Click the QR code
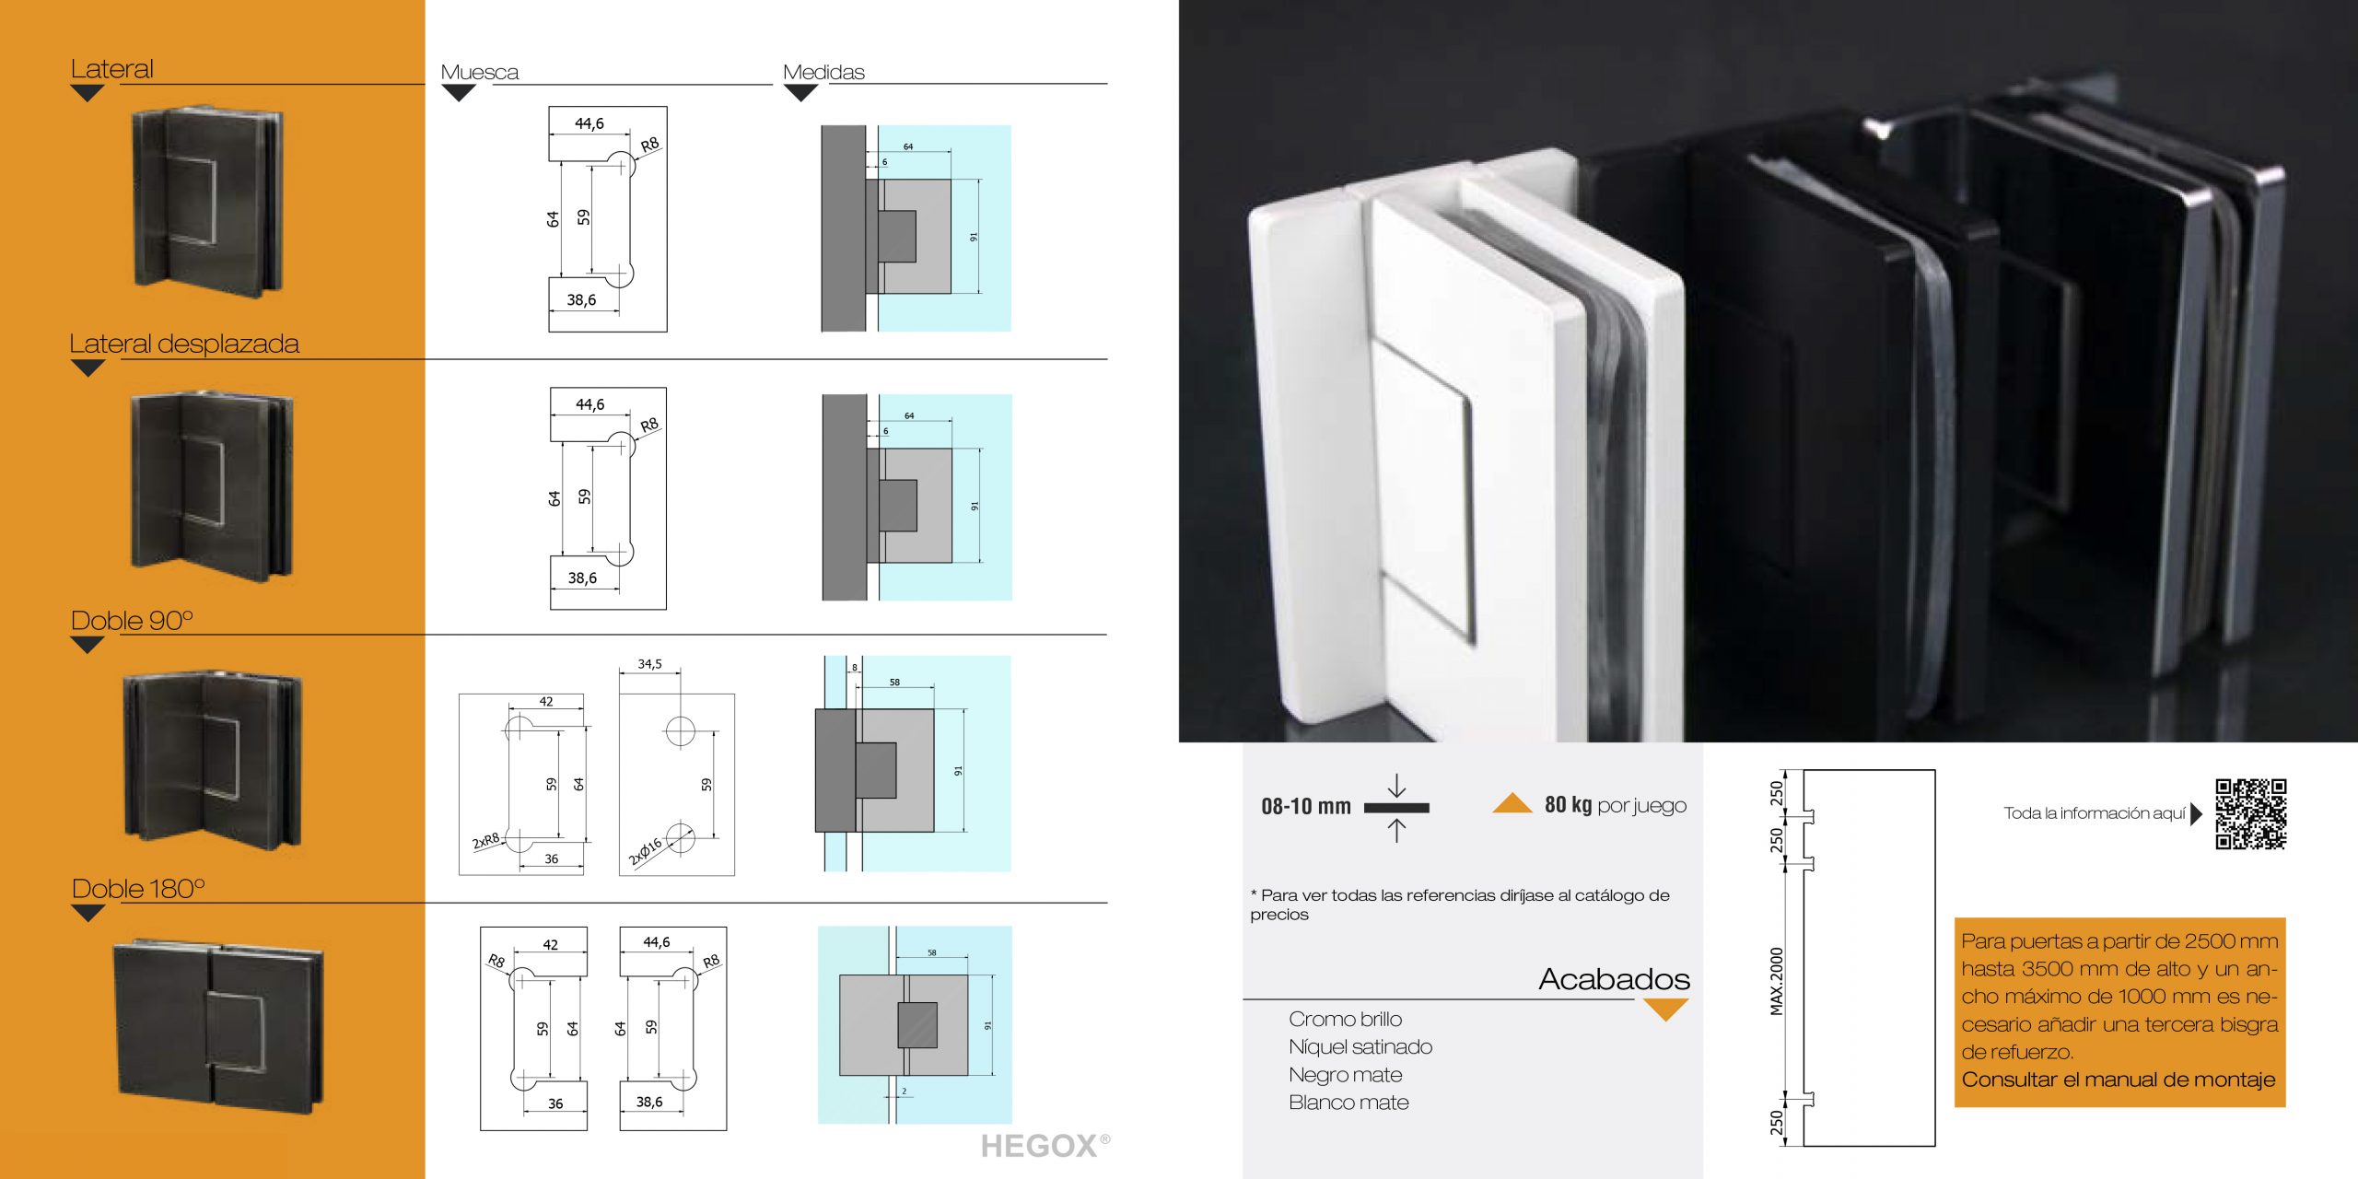point(2250,813)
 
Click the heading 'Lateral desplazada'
point(184,344)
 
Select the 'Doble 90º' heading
point(132,620)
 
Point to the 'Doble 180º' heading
point(138,888)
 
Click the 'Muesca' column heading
point(479,72)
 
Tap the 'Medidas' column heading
point(823,72)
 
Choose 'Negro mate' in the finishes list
point(1345,1075)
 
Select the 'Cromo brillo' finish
point(1345,1019)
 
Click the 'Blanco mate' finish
point(1348,1103)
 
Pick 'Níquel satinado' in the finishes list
point(1360,1047)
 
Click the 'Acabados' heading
point(1614,978)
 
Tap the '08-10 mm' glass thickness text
point(1305,807)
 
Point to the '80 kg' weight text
point(1568,805)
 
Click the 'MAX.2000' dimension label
point(1777,981)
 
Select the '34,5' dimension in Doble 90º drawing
point(649,664)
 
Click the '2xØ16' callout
point(645,852)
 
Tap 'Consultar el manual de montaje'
point(2118,1080)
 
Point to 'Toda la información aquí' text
point(2094,813)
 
